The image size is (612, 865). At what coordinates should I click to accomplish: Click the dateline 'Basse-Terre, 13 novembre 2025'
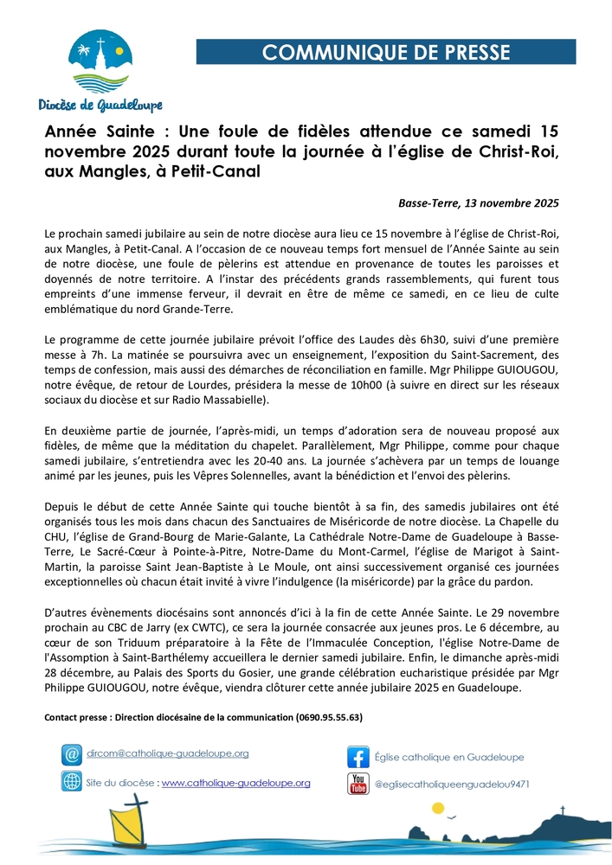click(479, 203)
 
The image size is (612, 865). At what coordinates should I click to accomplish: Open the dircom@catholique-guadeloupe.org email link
click(168, 753)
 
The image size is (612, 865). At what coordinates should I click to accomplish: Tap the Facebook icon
click(358, 756)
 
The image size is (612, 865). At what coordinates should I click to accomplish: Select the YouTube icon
click(358, 784)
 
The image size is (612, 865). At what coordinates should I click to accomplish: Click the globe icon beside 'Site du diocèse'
click(71, 782)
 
